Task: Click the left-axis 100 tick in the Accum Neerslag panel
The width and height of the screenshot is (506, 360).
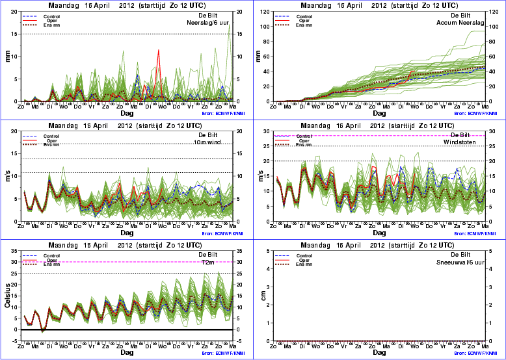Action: click(x=265, y=27)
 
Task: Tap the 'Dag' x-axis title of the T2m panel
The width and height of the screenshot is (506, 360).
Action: click(x=127, y=352)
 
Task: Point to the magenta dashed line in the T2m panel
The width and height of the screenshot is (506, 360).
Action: click(x=130, y=262)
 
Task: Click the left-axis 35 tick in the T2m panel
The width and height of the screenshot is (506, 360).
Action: click(x=15, y=251)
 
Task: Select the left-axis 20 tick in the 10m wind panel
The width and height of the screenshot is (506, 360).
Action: click(x=15, y=131)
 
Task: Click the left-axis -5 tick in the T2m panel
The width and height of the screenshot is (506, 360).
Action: click(x=16, y=341)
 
